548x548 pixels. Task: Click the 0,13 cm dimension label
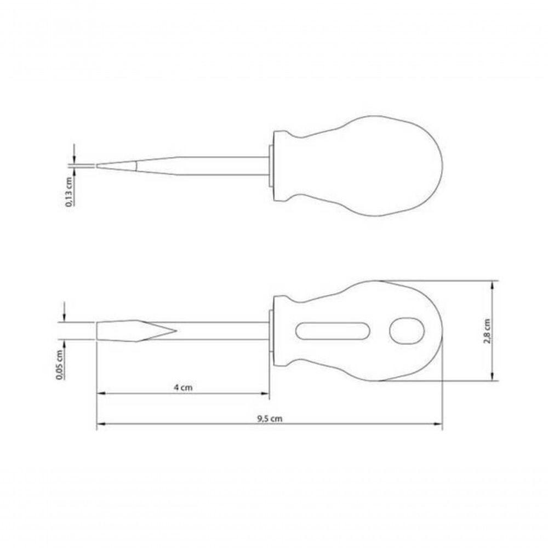pyautogui.click(x=70, y=191)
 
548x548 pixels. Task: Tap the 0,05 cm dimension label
pyautogui.click(x=60, y=364)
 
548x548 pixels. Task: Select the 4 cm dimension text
pyautogui.click(x=183, y=387)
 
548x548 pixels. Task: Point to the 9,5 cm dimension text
pyautogui.click(x=270, y=418)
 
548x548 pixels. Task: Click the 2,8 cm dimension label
pyautogui.click(x=487, y=330)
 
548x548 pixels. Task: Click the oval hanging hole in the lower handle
pyautogui.click(x=407, y=330)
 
